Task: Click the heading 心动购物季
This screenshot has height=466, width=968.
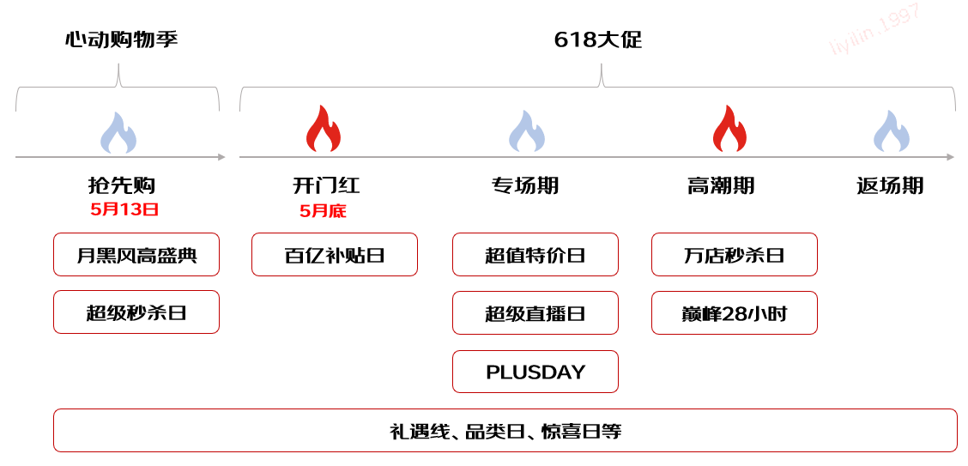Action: pos(121,40)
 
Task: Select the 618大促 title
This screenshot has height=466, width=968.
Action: pos(597,40)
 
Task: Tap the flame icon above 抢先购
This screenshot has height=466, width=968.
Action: pos(118,132)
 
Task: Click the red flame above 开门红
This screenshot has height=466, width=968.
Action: pos(323,129)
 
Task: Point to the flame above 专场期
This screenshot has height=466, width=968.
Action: pos(527,131)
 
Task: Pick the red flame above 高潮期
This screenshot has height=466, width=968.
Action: pos(729,129)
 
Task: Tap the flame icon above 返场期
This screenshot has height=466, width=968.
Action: pos(891,131)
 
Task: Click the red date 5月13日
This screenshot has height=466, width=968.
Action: pos(124,210)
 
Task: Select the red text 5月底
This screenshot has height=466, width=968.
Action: pos(323,211)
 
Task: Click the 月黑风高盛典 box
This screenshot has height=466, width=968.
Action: pos(136,254)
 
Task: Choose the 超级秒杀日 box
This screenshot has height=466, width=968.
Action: pos(136,312)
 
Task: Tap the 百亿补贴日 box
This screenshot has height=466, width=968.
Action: pos(335,254)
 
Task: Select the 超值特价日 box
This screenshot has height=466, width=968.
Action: pos(535,254)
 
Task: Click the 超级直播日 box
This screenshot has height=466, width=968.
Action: pos(535,313)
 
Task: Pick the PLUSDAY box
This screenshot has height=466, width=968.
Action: pos(535,372)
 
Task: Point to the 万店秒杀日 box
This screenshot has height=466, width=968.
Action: pos(735,254)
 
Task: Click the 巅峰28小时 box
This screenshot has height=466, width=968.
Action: pos(735,313)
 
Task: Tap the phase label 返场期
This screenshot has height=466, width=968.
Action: pos(890,185)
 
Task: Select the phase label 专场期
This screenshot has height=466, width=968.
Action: pos(525,185)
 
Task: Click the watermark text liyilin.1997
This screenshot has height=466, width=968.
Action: pos(876,30)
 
